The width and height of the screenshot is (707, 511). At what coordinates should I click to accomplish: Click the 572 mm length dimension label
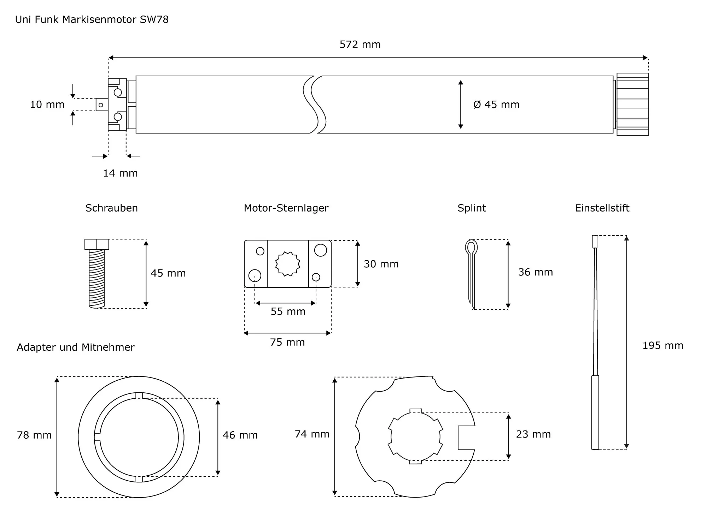point(360,44)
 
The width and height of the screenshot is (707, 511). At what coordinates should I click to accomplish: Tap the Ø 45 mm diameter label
point(496,105)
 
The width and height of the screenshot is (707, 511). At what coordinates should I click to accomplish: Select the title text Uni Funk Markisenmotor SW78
point(92,19)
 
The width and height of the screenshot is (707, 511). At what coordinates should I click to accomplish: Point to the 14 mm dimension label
point(120,173)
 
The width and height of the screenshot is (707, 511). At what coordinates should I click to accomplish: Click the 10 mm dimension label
point(47,105)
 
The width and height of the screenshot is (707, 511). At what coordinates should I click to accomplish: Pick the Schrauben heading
point(111,208)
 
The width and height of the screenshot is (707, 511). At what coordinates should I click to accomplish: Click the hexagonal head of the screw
point(97,244)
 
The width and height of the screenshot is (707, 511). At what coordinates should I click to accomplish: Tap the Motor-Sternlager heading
point(286,208)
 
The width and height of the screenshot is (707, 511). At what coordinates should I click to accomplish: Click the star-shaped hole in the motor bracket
point(288,264)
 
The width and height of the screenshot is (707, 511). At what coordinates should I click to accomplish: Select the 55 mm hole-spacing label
point(288,311)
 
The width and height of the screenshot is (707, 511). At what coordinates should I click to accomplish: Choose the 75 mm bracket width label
point(287,342)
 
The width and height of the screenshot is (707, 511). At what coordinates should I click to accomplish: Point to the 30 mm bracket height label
point(381,264)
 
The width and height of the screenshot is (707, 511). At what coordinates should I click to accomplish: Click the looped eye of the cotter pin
point(471,247)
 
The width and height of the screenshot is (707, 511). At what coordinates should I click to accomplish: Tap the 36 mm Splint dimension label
point(535,272)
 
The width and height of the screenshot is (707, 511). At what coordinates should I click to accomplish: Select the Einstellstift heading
point(602,208)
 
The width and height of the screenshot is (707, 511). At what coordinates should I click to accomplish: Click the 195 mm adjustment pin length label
point(662,346)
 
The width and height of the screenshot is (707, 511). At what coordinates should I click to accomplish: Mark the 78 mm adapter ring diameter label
point(34,435)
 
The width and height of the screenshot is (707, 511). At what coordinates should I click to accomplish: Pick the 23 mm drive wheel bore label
point(533,434)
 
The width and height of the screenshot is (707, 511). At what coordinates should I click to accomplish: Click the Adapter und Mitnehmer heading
point(76,347)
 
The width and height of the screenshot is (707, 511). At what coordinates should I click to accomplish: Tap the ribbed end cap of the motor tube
point(632,104)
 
